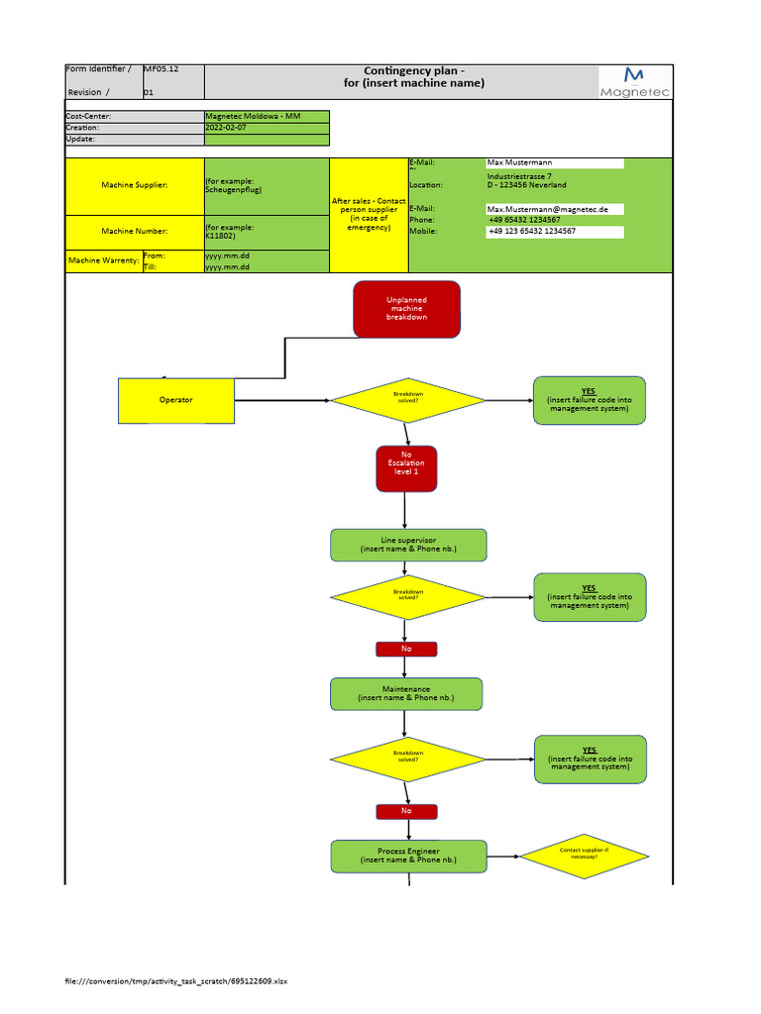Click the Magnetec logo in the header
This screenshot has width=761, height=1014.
point(635,82)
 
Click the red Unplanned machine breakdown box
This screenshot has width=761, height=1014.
point(406,309)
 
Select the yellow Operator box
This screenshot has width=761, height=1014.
point(176,400)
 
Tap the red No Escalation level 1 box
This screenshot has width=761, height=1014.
point(406,467)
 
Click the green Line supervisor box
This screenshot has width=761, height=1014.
point(408,545)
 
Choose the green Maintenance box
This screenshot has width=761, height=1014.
point(406,693)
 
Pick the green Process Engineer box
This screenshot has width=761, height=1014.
point(408,856)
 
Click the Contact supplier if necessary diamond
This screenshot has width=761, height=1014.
point(585,855)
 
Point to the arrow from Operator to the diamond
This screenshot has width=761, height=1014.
point(282,400)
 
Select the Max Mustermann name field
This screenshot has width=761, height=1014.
point(554,162)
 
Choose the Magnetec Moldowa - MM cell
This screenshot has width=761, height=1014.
point(253,117)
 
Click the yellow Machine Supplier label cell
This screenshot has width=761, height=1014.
point(135,185)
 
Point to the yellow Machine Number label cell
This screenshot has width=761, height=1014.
point(135,232)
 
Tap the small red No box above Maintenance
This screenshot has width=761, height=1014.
point(406,649)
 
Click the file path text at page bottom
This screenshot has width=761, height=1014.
point(175,981)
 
